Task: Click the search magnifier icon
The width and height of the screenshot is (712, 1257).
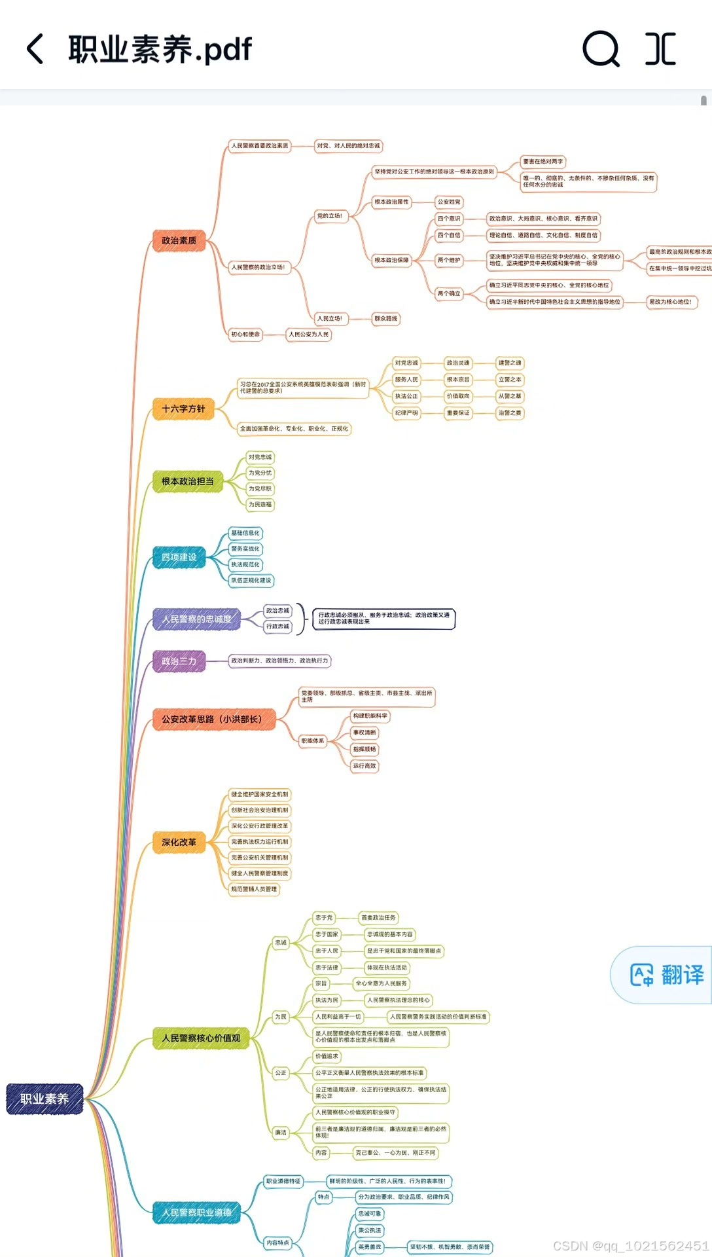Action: click(x=601, y=49)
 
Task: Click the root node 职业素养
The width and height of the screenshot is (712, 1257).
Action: click(x=44, y=1099)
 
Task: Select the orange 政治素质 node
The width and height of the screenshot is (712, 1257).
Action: click(x=179, y=241)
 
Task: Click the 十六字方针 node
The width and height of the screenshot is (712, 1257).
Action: click(x=183, y=409)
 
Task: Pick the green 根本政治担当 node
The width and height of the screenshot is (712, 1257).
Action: click(x=187, y=481)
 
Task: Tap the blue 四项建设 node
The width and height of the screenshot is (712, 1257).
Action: click(x=179, y=557)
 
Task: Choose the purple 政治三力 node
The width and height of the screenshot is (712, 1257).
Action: click(x=179, y=661)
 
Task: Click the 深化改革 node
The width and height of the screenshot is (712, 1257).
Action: click(x=179, y=842)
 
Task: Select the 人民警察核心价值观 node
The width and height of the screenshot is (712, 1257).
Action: click(x=201, y=1038)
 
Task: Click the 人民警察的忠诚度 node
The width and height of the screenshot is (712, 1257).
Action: click(x=196, y=619)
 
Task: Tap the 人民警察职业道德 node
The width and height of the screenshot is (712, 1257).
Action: click(x=196, y=1212)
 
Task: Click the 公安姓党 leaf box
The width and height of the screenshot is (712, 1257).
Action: click(x=449, y=202)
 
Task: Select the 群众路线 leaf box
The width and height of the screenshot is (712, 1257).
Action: click(x=385, y=319)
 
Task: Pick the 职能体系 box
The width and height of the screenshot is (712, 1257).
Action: click(x=312, y=740)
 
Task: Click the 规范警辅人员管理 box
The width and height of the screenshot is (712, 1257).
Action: click(x=254, y=889)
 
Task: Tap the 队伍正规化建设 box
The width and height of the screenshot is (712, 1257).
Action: click(x=251, y=580)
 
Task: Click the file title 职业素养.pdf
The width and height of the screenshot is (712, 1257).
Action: click(x=160, y=49)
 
